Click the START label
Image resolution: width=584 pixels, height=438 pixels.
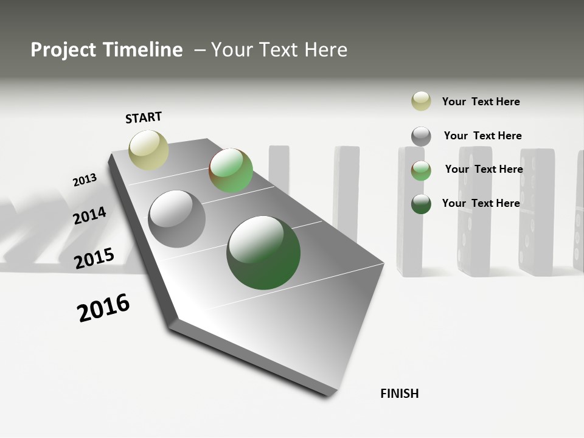(x=144, y=117)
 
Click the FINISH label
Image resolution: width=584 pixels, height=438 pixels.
(x=399, y=394)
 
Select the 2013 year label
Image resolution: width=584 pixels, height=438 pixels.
(x=85, y=180)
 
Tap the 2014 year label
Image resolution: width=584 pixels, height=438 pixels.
(x=89, y=215)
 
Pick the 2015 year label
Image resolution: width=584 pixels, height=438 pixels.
(x=94, y=259)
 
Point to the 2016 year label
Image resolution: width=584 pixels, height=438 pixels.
(x=103, y=307)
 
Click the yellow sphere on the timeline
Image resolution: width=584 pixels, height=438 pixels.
(x=148, y=150)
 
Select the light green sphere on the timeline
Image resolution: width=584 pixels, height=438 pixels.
(x=231, y=170)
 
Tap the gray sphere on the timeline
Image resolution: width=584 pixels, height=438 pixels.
(x=176, y=219)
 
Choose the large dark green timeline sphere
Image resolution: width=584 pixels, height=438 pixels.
(x=263, y=252)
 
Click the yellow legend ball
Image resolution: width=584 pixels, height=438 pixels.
(x=421, y=101)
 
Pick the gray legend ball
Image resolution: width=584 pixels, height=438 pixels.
(x=421, y=136)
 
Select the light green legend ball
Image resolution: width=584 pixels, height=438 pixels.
(x=421, y=170)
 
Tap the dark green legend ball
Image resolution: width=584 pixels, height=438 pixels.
(x=421, y=204)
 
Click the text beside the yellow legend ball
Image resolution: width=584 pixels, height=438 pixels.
(x=481, y=102)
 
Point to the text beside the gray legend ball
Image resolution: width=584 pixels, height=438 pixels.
(x=482, y=136)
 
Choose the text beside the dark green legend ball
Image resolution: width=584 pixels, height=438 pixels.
(x=481, y=203)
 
